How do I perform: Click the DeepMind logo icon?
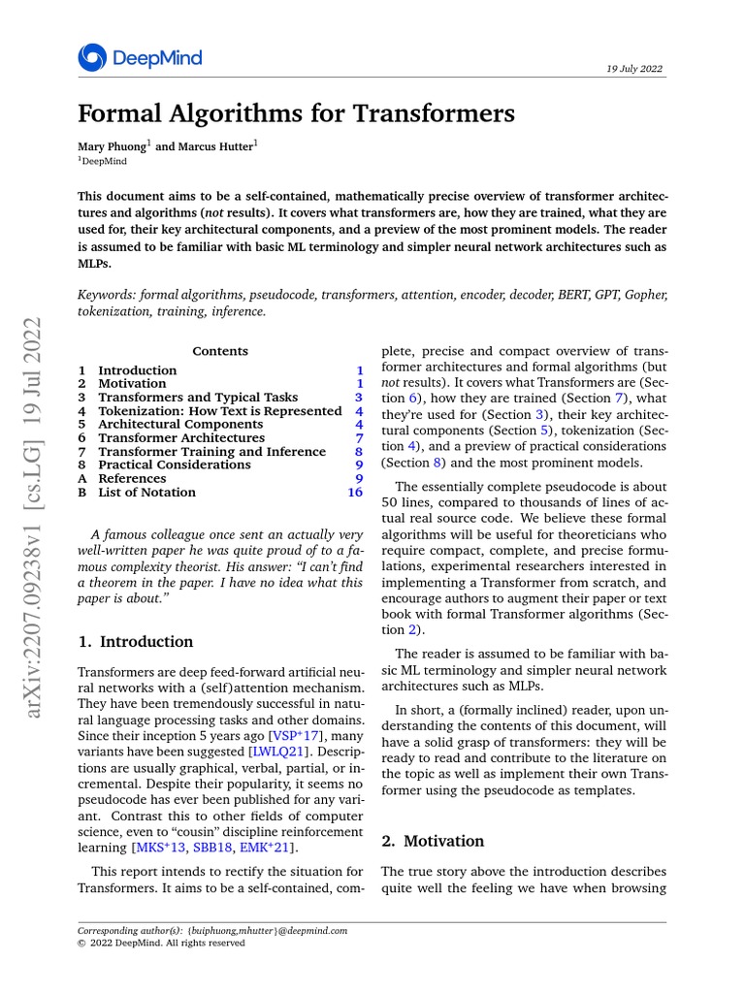click(x=92, y=58)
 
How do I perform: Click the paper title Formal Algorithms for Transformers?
click(x=295, y=114)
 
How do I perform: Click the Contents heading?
click(x=220, y=351)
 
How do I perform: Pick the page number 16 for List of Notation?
click(x=354, y=492)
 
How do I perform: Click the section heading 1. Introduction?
click(x=135, y=641)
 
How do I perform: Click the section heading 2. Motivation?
click(x=433, y=841)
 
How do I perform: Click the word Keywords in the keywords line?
click(x=106, y=294)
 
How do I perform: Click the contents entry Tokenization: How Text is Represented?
click(x=219, y=410)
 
